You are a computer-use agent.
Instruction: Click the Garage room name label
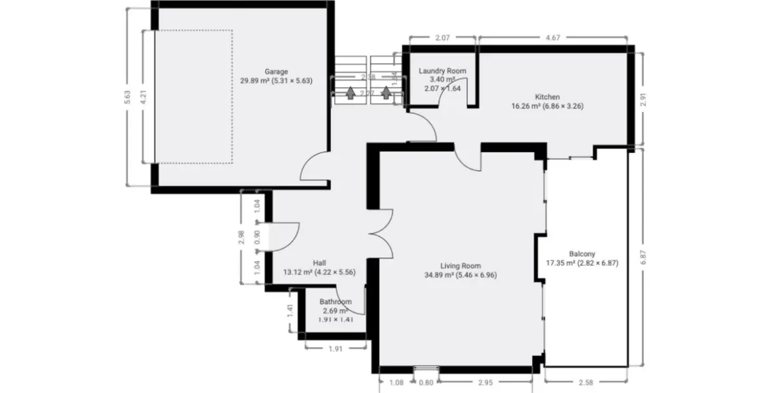[276, 71]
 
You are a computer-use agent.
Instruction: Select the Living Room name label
[460, 266]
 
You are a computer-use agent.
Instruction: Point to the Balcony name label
[582, 253]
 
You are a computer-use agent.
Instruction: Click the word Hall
[319, 262]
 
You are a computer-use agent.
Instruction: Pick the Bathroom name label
[334, 302]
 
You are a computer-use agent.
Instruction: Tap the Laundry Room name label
[442, 71]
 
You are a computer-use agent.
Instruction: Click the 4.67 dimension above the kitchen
[552, 39]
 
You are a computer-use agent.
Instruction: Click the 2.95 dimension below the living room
[486, 382]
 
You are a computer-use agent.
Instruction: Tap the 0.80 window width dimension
[425, 382]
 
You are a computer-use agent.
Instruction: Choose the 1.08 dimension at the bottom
[396, 382]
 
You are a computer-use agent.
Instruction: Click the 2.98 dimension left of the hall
[242, 237]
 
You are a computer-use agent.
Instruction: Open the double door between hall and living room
[381, 235]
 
